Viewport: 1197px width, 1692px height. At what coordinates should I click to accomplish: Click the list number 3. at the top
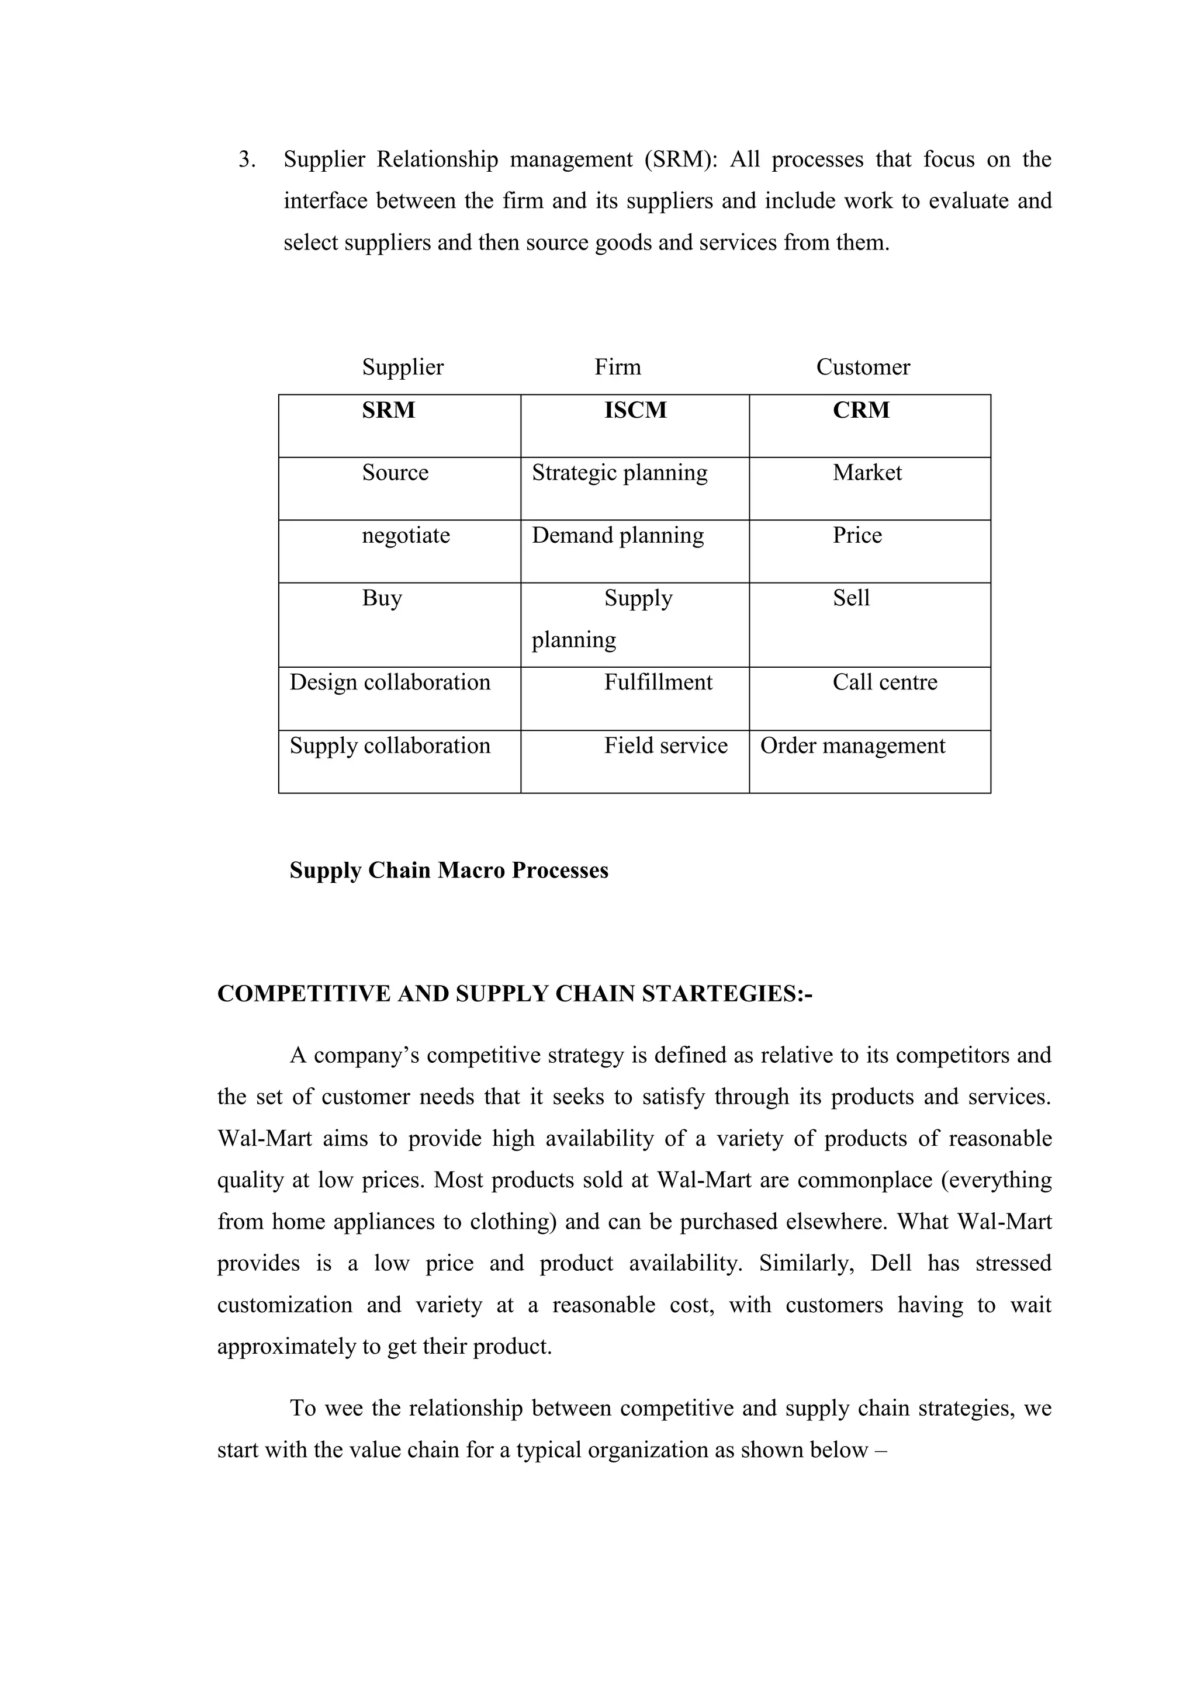[247, 160]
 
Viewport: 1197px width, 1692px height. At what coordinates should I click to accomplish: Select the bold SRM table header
[389, 411]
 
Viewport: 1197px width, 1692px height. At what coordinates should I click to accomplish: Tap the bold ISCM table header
[635, 411]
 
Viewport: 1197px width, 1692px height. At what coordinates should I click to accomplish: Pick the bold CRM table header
[861, 411]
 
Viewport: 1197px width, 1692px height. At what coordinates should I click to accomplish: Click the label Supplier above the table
[403, 367]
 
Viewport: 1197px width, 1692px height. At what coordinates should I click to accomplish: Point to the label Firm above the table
[618, 367]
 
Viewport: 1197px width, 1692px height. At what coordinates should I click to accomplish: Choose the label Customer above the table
[862, 367]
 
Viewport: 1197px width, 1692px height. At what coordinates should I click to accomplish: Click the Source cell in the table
[395, 473]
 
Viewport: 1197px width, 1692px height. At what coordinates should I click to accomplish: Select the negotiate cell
[406, 535]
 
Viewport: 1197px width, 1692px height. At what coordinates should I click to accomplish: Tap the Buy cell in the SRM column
[382, 598]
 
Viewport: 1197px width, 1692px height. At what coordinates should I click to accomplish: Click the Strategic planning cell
[619, 473]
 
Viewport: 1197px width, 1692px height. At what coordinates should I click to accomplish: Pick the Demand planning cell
[618, 535]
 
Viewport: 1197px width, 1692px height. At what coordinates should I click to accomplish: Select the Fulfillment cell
[658, 682]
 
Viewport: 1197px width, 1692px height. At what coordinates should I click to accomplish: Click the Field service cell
[666, 746]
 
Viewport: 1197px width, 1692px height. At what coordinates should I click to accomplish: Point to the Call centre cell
[884, 682]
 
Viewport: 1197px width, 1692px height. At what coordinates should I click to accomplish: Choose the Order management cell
[852, 746]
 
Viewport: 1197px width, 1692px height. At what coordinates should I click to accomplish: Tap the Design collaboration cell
[390, 682]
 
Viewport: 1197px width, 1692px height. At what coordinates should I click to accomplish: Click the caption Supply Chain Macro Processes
[449, 871]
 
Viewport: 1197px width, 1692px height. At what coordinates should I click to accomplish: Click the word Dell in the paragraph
[890, 1263]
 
